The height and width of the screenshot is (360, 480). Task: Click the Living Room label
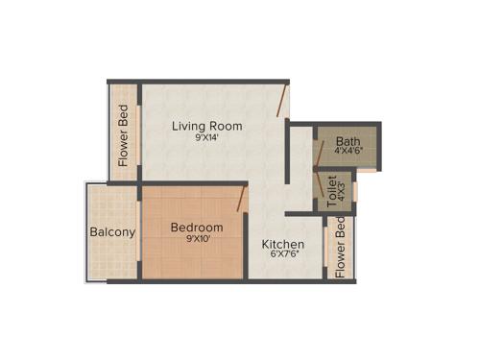(x=206, y=126)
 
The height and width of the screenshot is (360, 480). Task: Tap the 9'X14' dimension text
(x=206, y=138)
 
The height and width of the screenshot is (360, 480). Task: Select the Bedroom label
(x=197, y=228)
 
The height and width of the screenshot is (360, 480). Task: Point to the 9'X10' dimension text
(x=197, y=240)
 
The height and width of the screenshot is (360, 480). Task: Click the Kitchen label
(x=283, y=245)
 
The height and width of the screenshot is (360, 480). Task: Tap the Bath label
(x=348, y=140)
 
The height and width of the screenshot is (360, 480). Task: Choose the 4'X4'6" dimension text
(x=348, y=152)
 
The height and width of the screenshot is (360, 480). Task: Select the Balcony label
(x=112, y=232)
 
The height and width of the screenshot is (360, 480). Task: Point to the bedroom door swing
(x=242, y=200)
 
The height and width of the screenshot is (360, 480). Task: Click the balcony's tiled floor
(x=112, y=259)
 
